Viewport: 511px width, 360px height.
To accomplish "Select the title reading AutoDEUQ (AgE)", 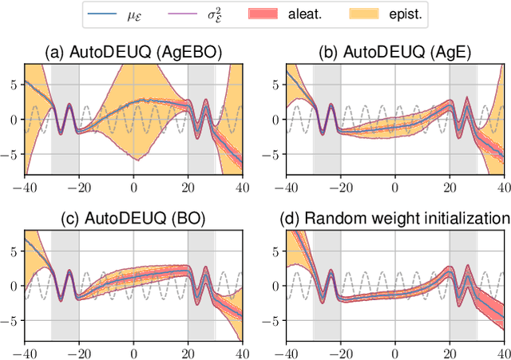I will (394, 53).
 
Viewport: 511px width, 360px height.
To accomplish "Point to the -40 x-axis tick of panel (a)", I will (24, 186).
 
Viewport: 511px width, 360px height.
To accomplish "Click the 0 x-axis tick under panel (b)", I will (394, 186).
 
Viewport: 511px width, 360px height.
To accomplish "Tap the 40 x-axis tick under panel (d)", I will (501, 352).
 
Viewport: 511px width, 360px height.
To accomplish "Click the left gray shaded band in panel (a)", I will (65, 120).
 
